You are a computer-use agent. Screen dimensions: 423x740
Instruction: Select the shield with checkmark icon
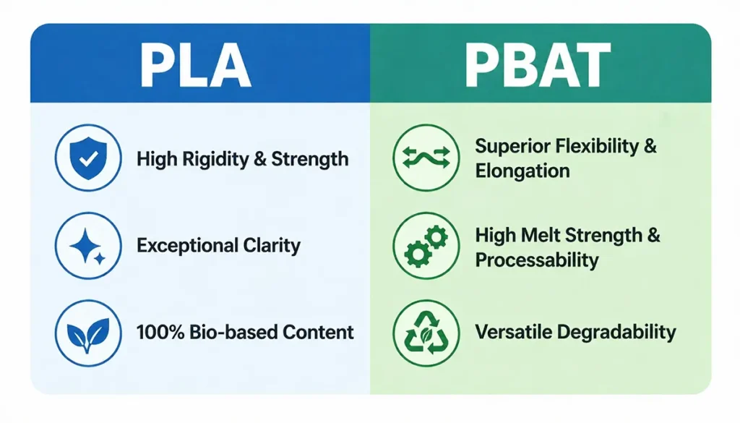[x=88, y=158]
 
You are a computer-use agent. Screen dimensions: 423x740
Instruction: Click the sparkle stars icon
[x=88, y=246]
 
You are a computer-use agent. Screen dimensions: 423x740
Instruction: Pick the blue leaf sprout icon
[x=88, y=333]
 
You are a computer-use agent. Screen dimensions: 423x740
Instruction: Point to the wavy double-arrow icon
[x=426, y=158]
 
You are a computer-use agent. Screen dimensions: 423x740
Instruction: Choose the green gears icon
[x=426, y=246]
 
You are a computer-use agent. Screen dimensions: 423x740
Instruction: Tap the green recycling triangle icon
[x=426, y=333]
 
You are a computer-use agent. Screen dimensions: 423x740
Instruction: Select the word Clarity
[x=271, y=246]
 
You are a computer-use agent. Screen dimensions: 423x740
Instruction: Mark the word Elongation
[x=522, y=171]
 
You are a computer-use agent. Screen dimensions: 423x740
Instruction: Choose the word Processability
[x=537, y=260]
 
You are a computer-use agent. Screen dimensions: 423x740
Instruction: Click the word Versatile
[x=510, y=333]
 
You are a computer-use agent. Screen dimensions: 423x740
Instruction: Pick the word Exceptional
[x=186, y=246]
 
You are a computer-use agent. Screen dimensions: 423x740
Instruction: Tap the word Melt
[x=539, y=235]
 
